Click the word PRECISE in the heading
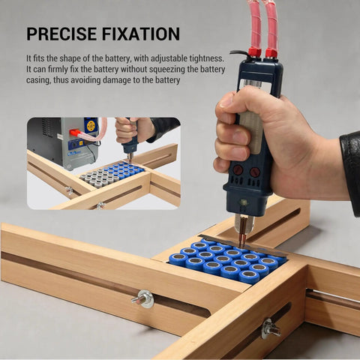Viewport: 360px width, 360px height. [61, 34]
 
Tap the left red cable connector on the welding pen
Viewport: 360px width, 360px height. [255, 52]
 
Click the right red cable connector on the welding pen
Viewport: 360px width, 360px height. [271, 53]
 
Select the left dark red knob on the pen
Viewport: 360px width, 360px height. [238, 170]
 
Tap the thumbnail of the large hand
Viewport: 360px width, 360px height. [226, 100]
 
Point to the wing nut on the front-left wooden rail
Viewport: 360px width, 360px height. [142, 298]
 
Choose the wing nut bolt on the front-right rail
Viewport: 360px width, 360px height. [270, 328]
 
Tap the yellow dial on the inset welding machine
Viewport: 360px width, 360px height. [91, 125]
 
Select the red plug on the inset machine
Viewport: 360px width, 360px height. [74, 133]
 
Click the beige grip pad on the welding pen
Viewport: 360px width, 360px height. [251, 132]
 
